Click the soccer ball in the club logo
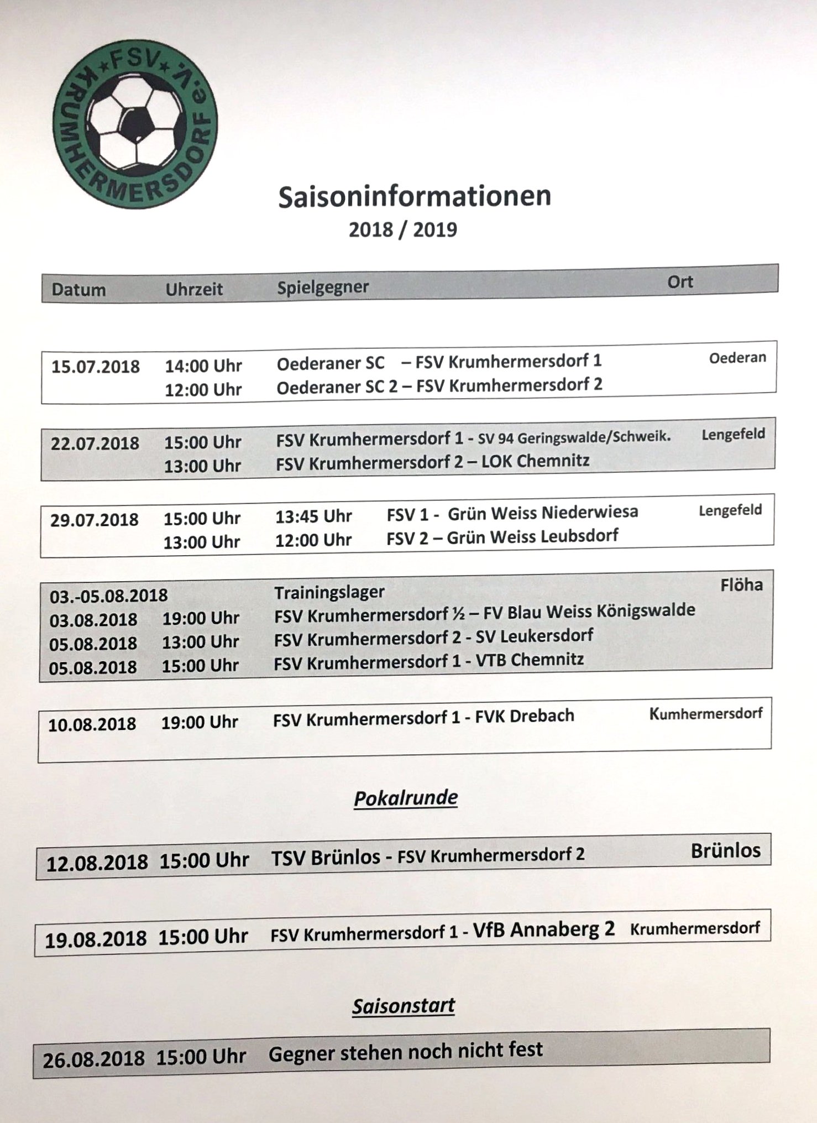click(135, 123)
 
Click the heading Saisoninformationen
click(415, 197)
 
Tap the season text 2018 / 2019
click(403, 229)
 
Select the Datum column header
click(78, 290)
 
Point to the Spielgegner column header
click(323, 288)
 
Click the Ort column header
click(679, 282)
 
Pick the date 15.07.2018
click(96, 367)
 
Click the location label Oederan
click(737, 358)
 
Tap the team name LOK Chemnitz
click(535, 461)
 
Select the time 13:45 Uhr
click(313, 516)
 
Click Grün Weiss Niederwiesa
click(542, 513)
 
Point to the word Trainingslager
click(329, 592)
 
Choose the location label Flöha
click(741, 585)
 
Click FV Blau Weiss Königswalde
click(589, 612)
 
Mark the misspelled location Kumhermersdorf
click(705, 713)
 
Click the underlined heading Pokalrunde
click(406, 798)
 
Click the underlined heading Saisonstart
click(404, 1006)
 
